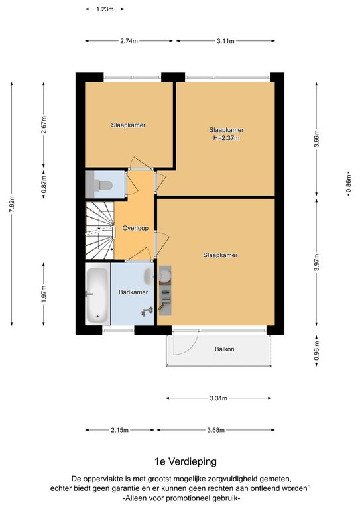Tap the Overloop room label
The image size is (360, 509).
[x=135, y=228]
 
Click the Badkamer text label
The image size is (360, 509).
[x=133, y=292]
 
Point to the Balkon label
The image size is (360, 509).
[x=224, y=349]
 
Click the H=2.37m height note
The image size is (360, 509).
[x=226, y=138]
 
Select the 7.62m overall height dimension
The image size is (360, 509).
[x=12, y=204]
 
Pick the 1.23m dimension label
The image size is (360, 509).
[x=105, y=9]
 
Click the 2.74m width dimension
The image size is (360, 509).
[x=129, y=41]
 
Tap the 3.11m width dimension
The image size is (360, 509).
[x=225, y=41]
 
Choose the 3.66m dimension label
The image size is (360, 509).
[x=317, y=139]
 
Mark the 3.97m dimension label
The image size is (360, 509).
[x=317, y=262]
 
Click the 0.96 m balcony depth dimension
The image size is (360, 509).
[x=317, y=351]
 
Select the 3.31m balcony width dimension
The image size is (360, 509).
[x=219, y=398]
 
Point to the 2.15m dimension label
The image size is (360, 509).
[x=120, y=430]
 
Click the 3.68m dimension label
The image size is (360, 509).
[x=216, y=430]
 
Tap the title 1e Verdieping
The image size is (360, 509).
[x=186, y=461]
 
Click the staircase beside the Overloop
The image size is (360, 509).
[x=99, y=231]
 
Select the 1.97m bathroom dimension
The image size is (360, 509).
[x=44, y=294]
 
